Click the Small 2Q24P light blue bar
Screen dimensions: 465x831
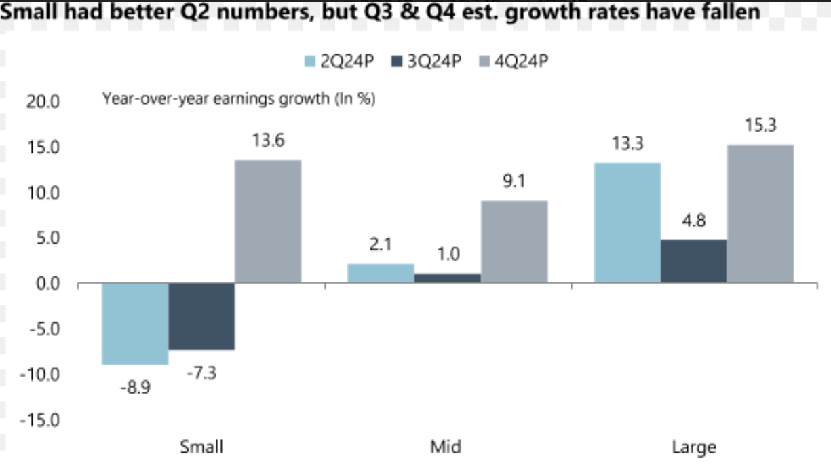pos(135,324)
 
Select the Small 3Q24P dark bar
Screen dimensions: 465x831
pos(201,316)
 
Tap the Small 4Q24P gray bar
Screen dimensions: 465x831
pos(268,221)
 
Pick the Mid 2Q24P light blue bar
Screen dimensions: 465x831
pos(381,274)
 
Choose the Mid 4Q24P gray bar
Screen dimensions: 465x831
pos(514,242)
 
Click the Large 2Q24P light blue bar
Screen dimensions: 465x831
pos(627,223)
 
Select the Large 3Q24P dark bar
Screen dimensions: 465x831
pos(693,261)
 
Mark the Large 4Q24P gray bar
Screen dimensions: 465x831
pos(760,214)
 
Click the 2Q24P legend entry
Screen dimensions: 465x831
pos(339,61)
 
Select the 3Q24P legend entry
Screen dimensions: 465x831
pos(427,61)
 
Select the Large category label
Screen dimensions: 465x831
pos(693,447)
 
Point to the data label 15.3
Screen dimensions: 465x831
pos(760,126)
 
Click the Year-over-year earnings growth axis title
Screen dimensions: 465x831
pos(239,99)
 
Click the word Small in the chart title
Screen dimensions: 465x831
pos(26,12)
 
